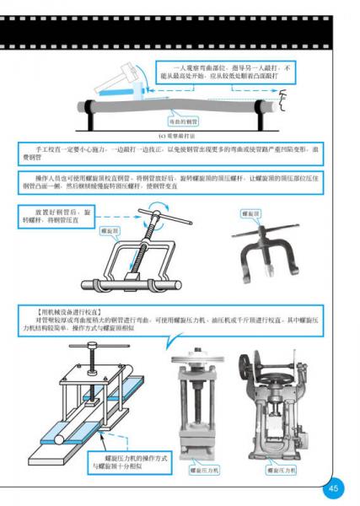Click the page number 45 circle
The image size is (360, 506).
point(334,487)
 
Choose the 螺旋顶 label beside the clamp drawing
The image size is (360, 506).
point(110,229)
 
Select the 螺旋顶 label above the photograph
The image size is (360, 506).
point(252,214)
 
